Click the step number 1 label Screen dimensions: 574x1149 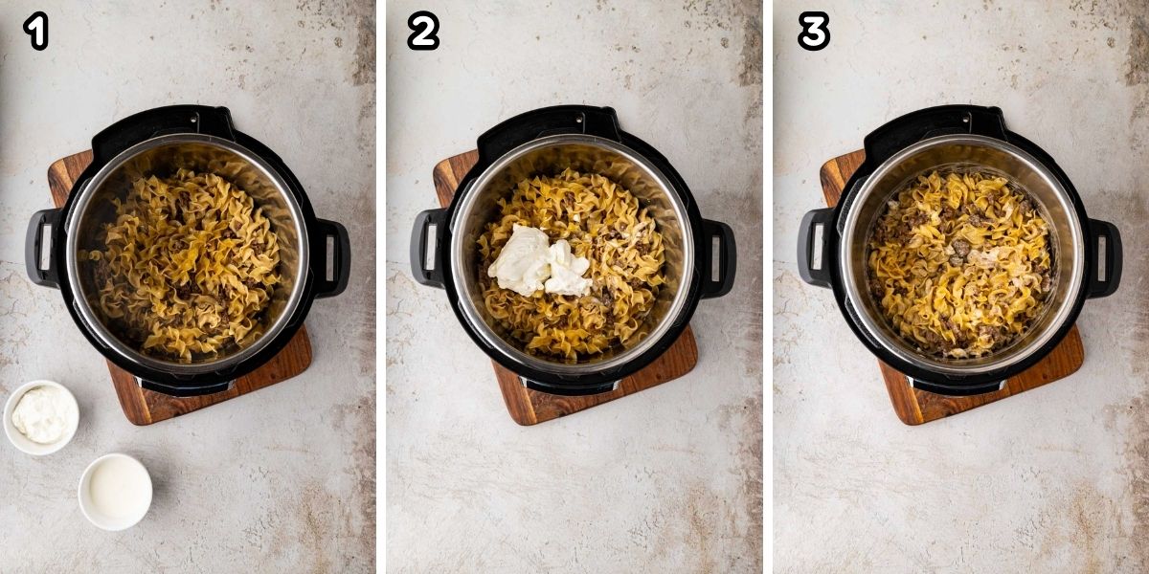coord(36,33)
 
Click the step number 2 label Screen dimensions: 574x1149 coord(422,33)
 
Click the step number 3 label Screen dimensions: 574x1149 coord(813,33)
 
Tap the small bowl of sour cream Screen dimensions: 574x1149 coord(41,415)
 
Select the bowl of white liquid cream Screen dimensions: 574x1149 coord(115,491)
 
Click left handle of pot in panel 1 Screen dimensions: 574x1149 coord(42,248)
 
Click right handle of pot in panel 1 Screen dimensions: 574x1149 coord(331,256)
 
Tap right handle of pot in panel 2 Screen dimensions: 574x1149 coord(717,256)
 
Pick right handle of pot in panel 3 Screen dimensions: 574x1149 coord(1103,256)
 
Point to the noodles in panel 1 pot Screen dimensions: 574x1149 coord(188,263)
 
